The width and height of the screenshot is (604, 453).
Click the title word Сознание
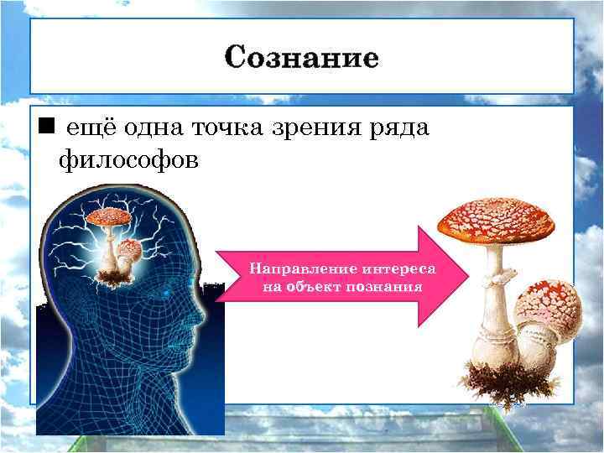tap(301, 58)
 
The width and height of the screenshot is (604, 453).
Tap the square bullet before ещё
tap(46, 127)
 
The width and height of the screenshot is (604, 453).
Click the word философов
tap(129, 159)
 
